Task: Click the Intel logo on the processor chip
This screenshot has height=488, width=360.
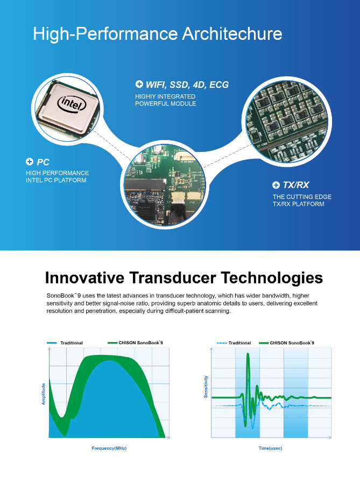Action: click(72, 103)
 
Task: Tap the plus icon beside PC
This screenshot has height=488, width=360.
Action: click(30, 162)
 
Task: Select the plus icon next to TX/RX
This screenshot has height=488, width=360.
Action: click(276, 185)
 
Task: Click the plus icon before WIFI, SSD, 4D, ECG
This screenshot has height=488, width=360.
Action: click(139, 84)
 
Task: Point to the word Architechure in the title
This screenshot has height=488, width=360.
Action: click(232, 33)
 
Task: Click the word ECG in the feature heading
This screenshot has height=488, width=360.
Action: click(219, 85)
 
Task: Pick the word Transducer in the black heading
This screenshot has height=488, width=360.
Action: click(173, 277)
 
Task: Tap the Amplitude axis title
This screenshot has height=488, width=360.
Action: click(44, 394)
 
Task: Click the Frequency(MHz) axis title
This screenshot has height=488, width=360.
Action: click(109, 448)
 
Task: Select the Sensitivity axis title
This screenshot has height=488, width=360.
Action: click(206, 387)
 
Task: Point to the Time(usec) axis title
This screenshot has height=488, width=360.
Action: click(271, 448)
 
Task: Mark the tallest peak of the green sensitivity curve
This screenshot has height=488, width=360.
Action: click(248, 354)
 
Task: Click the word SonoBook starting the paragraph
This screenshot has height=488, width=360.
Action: click(61, 296)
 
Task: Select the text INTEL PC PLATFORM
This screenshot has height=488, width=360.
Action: click(56, 180)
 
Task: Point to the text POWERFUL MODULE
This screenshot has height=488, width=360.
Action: click(165, 103)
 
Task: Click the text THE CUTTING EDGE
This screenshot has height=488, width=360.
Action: click(302, 197)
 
